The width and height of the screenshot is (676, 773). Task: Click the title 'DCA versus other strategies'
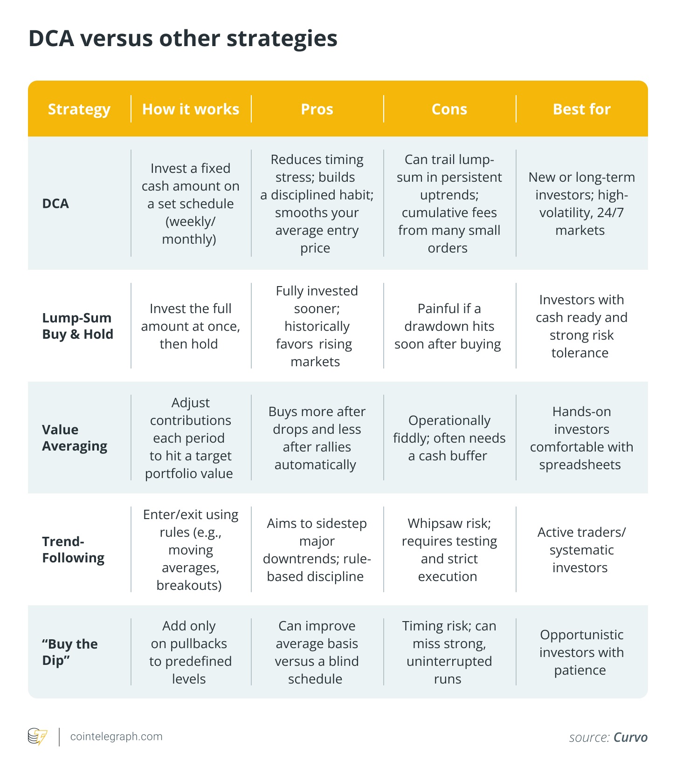tap(183, 38)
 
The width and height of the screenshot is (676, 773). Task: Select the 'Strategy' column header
tap(79, 109)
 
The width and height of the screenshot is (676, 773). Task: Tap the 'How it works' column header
tap(191, 109)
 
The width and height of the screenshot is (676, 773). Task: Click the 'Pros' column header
tap(317, 109)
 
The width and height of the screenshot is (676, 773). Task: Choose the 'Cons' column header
tap(449, 109)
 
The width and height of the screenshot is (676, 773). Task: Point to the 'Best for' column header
tap(581, 109)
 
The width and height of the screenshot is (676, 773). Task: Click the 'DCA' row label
tap(55, 204)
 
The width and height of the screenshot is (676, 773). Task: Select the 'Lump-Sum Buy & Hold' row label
tap(77, 326)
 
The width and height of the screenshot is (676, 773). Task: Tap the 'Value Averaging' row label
tap(75, 438)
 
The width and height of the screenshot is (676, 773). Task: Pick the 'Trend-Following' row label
tap(73, 549)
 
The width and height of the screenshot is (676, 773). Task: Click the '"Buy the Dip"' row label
tap(70, 652)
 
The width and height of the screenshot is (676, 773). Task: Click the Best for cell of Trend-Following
tap(581, 550)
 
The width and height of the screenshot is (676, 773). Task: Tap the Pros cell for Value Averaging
tap(317, 438)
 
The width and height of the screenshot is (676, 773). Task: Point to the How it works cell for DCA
tap(190, 204)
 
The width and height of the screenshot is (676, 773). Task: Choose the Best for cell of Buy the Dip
tap(581, 652)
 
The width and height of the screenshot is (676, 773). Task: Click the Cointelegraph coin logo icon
tap(37, 737)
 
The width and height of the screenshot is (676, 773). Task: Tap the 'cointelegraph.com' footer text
tap(116, 737)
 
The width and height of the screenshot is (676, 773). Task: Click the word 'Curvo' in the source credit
tap(630, 738)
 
